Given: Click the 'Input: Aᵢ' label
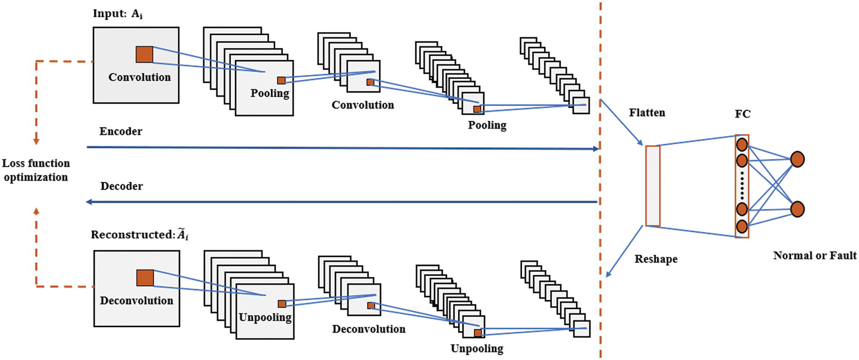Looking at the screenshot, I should click(x=118, y=14).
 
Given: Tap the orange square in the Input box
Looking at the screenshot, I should click(x=144, y=54).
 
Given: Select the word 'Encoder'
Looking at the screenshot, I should click(x=121, y=132).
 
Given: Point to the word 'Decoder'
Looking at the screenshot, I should click(x=122, y=186).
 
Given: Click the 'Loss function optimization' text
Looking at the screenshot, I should click(x=36, y=170).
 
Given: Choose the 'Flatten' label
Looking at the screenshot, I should click(x=647, y=113).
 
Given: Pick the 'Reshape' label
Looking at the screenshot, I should click(x=656, y=259).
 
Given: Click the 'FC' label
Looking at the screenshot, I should click(x=742, y=114).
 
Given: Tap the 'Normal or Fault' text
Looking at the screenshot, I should click(x=815, y=256).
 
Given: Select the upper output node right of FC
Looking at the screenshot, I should click(x=797, y=159).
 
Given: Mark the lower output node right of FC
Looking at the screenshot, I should click(x=797, y=209).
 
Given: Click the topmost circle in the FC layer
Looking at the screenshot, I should click(x=742, y=145).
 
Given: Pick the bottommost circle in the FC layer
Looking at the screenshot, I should click(x=742, y=226).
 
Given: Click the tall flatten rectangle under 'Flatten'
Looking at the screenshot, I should click(x=652, y=185).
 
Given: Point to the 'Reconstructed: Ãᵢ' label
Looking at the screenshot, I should click(x=140, y=235).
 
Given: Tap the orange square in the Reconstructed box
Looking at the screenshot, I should click(x=145, y=278).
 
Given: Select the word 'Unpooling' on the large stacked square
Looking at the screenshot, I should click(x=265, y=317).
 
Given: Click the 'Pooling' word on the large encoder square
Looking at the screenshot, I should click(x=270, y=93).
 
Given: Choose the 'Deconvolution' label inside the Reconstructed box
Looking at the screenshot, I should click(x=137, y=301).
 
